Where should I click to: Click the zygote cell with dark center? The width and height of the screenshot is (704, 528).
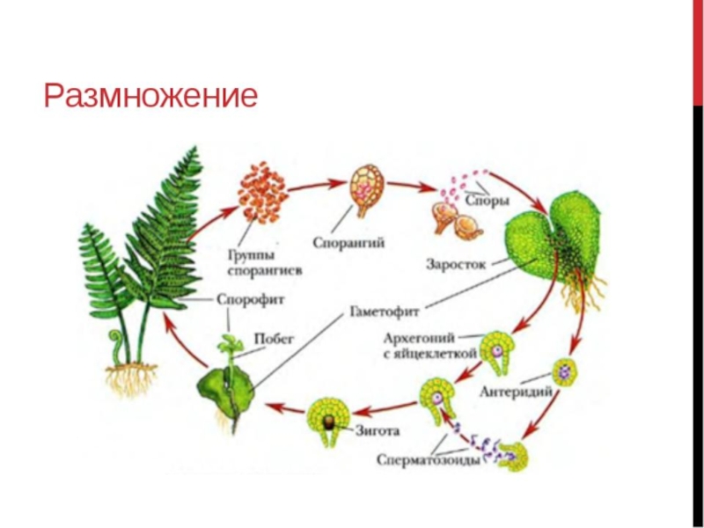pyautogui.click(x=330, y=420)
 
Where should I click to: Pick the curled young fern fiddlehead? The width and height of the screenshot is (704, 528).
pyautogui.click(x=115, y=338)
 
